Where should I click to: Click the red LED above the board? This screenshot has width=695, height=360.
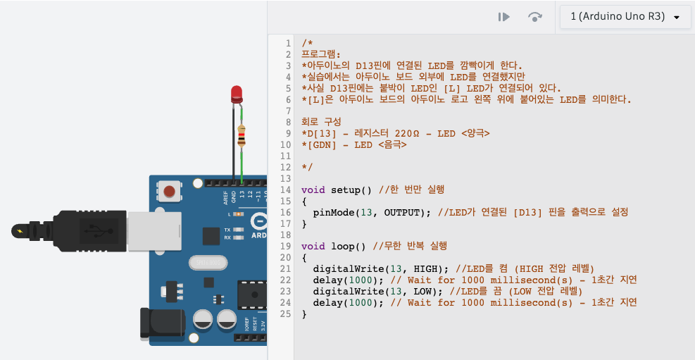tap(237, 93)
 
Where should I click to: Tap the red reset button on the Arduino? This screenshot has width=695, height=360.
tap(169, 191)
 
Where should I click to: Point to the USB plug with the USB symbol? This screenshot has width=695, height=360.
tap(92, 230)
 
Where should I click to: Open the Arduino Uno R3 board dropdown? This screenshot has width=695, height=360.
tap(625, 17)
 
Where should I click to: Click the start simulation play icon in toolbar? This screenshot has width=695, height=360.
tap(503, 17)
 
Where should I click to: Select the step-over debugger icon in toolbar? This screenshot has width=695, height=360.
tap(535, 17)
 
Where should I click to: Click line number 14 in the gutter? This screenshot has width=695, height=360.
tap(285, 190)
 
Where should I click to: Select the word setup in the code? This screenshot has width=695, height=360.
tap(345, 190)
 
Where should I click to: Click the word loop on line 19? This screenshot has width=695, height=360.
tap(342, 246)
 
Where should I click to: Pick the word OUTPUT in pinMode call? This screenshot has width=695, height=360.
tap(401, 212)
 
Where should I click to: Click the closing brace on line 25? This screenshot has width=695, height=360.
tap(304, 314)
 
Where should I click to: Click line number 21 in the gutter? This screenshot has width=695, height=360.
tap(285, 268)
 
